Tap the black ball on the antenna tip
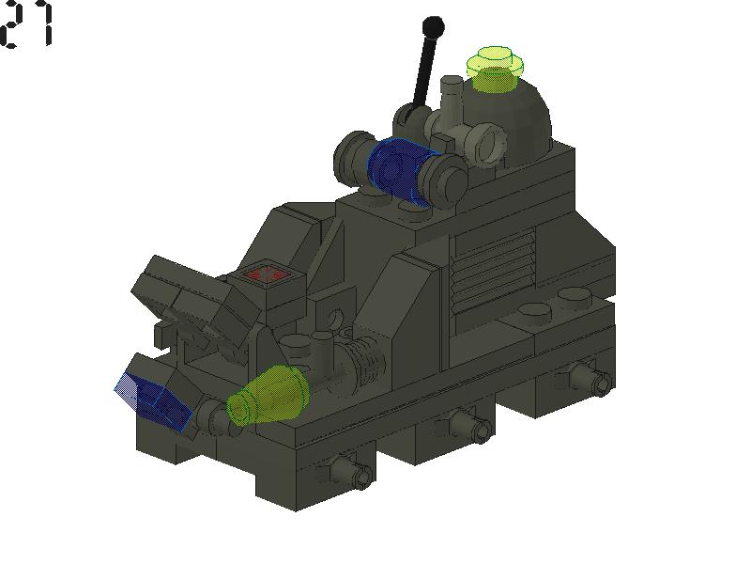[433, 25]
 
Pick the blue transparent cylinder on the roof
[400, 164]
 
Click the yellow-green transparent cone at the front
[269, 396]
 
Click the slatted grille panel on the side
[492, 267]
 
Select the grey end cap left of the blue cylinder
[354, 157]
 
